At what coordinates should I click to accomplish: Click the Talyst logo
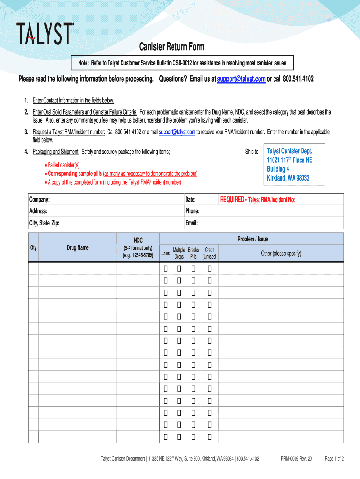tap(45, 34)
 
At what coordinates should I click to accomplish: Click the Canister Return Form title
tap(172, 47)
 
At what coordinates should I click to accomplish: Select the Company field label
tap(40, 200)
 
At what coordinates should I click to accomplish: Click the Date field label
tap(190, 200)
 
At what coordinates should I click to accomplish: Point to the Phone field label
tap(193, 211)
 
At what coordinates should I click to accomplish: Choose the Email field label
tap(192, 223)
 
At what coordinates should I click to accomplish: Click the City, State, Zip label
tap(44, 223)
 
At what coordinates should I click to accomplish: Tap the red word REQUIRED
tap(232, 200)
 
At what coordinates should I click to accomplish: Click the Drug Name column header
tap(78, 247)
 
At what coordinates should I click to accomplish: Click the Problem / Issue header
tap(252, 239)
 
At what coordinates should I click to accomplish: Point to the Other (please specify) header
tap(281, 254)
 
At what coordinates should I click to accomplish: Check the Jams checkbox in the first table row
tap(166, 269)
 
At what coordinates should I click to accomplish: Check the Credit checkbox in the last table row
tap(209, 436)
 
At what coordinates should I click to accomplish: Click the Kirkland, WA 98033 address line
tap(288, 178)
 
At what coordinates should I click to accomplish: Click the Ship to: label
tap(252, 152)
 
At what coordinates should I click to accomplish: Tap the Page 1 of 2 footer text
tap(334, 459)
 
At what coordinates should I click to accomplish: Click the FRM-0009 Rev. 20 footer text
tap(296, 459)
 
